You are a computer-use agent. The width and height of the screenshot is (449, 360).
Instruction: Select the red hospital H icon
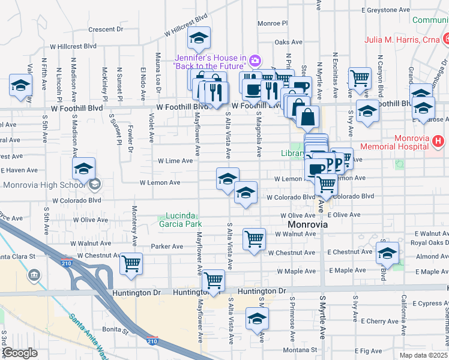(x=439, y=142)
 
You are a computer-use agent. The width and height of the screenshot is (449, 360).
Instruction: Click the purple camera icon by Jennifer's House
(x=255, y=60)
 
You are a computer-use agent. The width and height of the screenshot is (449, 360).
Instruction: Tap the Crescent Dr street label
(x=105, y=29)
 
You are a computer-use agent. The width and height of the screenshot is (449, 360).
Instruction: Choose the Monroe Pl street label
(x=273, y=23)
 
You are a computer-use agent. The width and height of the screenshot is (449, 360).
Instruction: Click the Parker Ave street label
(x=167, y=247)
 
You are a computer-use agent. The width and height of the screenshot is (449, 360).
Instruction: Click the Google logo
(x=20, y=353)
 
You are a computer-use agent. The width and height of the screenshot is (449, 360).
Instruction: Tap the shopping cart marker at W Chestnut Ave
(x=131, y=263)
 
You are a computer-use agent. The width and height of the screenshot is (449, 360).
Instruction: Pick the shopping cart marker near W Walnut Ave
(x=254, y=238)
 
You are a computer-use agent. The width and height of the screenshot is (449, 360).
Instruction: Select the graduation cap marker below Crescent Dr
(x=199, y=39)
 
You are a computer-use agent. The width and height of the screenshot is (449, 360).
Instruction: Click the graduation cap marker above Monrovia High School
(x=83, y=169)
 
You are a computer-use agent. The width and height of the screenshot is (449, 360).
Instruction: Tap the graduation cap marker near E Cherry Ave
(x=257, y=319)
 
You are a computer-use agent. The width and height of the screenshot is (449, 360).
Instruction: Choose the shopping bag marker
(x=307, y=116)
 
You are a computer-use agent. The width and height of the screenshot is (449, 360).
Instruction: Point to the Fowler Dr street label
(x=130, y=134)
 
